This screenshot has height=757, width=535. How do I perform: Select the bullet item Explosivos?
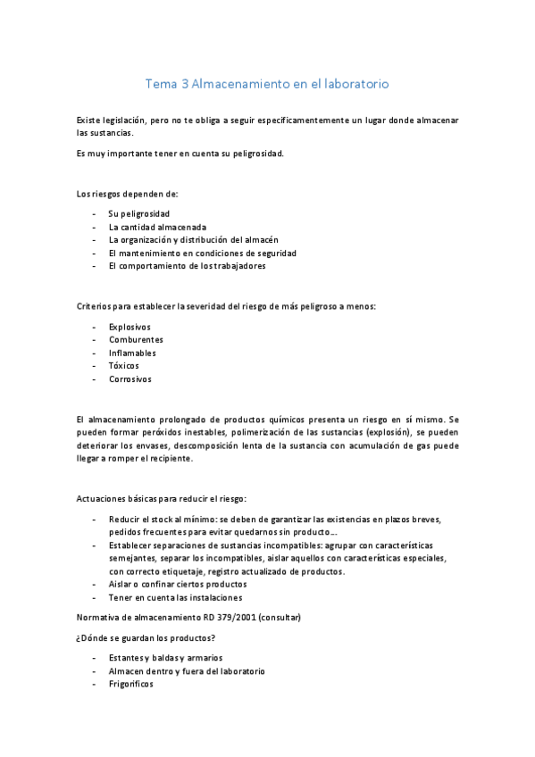click(x=130, y=327)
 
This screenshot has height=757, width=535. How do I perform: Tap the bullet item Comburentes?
click(x=136, y=339)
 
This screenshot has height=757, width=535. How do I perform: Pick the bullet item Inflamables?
click(x=132, y=353)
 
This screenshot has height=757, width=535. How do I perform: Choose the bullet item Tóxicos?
click(x=124, y=365)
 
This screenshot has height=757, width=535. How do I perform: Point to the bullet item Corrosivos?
click(x=130, y=378)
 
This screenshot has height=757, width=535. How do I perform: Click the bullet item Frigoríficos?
click(x=131, y=684)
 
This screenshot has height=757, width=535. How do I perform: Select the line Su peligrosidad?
click(x=139, y=213)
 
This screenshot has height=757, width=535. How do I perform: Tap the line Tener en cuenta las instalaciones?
click(x=175, y=597)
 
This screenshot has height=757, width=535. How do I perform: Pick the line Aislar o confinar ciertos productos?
click(x=179, y=584)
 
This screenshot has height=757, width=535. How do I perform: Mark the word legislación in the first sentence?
click(x=121, y=120)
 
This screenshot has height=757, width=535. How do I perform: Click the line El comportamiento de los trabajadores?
click(x=187, y=265)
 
